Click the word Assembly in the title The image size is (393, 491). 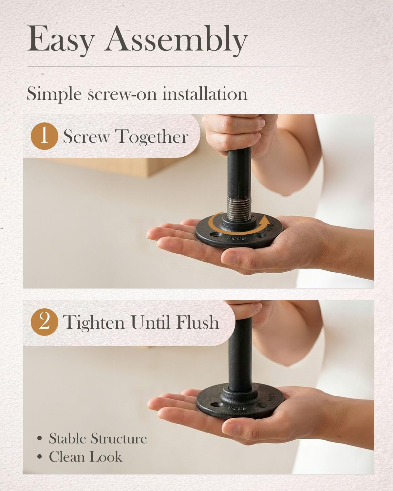[x=177, y=40]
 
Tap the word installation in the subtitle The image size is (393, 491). [x=205, y=93]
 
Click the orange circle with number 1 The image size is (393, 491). [x=44, y=136]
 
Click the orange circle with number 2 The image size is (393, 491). [x=44, y=322]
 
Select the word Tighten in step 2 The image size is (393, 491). [x=94, y=323]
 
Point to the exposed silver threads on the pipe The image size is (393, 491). [x=239, y=209]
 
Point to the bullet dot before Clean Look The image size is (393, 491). [x=40, y=457]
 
